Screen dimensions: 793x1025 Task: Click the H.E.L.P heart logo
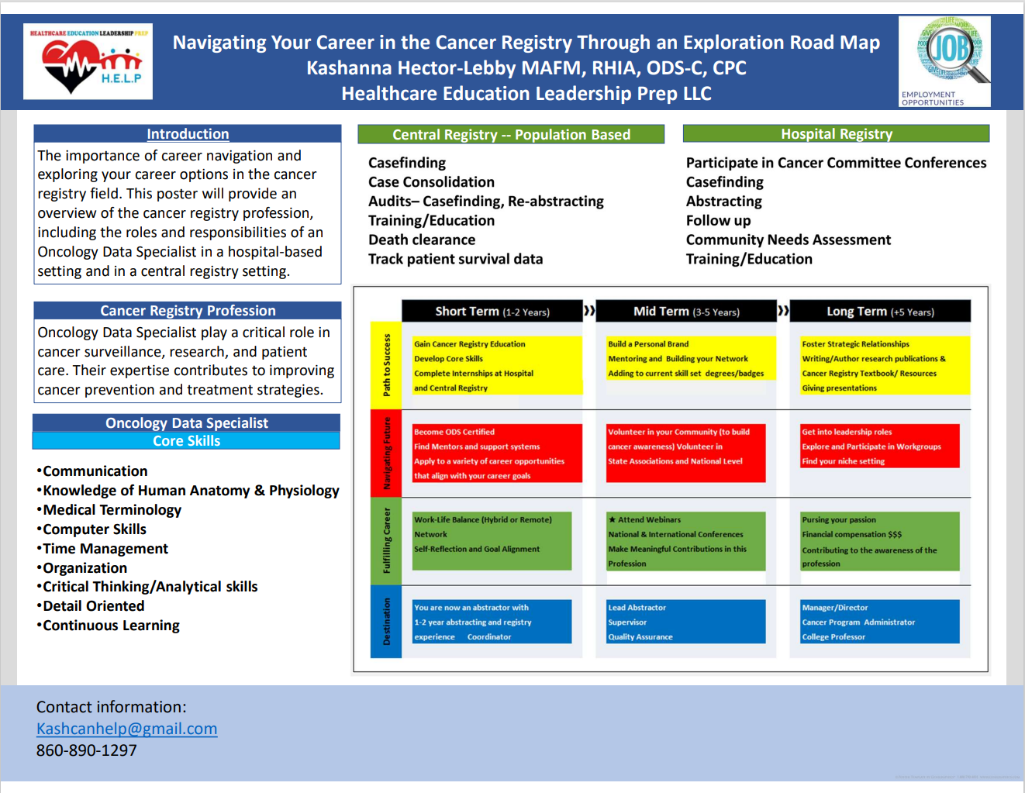[88, 62]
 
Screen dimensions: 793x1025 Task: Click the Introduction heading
[188, 134]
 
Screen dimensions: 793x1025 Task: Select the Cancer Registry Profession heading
[188, 311]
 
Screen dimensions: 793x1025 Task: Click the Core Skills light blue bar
[186, 441]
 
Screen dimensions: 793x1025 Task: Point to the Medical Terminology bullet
[112, 510]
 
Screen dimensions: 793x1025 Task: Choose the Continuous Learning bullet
[111, 626]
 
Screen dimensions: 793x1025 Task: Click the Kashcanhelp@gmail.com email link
[126, 729]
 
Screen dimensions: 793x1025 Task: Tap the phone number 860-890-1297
[86, 750]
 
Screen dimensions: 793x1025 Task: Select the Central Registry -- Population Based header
[511, 135]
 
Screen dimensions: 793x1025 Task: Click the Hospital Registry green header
[836, 134]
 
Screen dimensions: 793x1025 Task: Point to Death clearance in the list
[422, 240]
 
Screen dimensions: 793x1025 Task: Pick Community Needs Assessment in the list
[788, 240]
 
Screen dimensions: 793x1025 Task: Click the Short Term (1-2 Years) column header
[492, 312]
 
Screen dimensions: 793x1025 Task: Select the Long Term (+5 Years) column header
[880, 312]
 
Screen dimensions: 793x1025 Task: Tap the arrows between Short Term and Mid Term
[589, 311]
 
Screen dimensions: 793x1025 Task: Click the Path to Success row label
[386, 365]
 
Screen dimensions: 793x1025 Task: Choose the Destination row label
[386, 622]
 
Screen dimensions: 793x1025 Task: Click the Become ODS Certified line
[454, 433]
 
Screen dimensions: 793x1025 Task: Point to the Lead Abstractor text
[637, 608]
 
